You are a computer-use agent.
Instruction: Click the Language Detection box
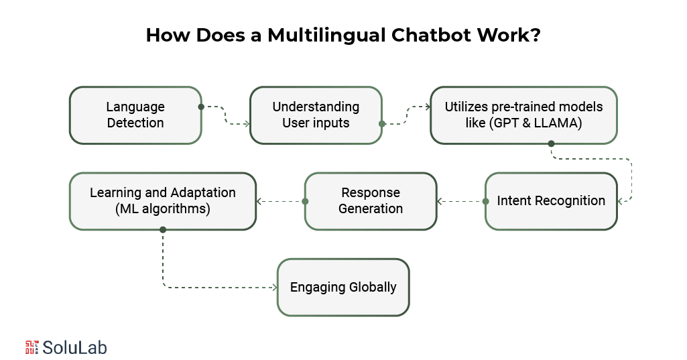tap(135, 115)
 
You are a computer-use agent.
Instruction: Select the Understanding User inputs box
tap(316, 115)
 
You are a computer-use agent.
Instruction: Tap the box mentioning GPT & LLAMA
tap(523, 115)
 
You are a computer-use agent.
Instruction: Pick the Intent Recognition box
tap(551, 200)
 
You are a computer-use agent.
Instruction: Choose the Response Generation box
tap(371, 200)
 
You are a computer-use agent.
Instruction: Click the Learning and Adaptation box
tap(163, 200)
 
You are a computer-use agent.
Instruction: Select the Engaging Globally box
tap(343, 287)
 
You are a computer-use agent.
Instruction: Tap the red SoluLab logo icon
tap(32, 347)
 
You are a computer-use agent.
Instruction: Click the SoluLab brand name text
tap(75, 347)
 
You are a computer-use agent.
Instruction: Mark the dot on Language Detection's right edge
tap(201, 107)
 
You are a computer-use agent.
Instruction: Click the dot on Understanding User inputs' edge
tap(382, 123)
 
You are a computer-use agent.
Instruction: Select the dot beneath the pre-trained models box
tap(551, 143)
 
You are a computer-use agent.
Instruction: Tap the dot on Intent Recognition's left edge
tap(486, 201)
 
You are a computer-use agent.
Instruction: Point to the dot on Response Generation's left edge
tap(305, 201)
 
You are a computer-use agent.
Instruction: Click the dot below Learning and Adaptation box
tap(163, 229)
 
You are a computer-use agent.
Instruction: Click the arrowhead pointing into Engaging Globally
tap(273, 287)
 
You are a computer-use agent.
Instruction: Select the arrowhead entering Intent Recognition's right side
tap(621, 201)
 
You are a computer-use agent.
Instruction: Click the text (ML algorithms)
tap(163, 208)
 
